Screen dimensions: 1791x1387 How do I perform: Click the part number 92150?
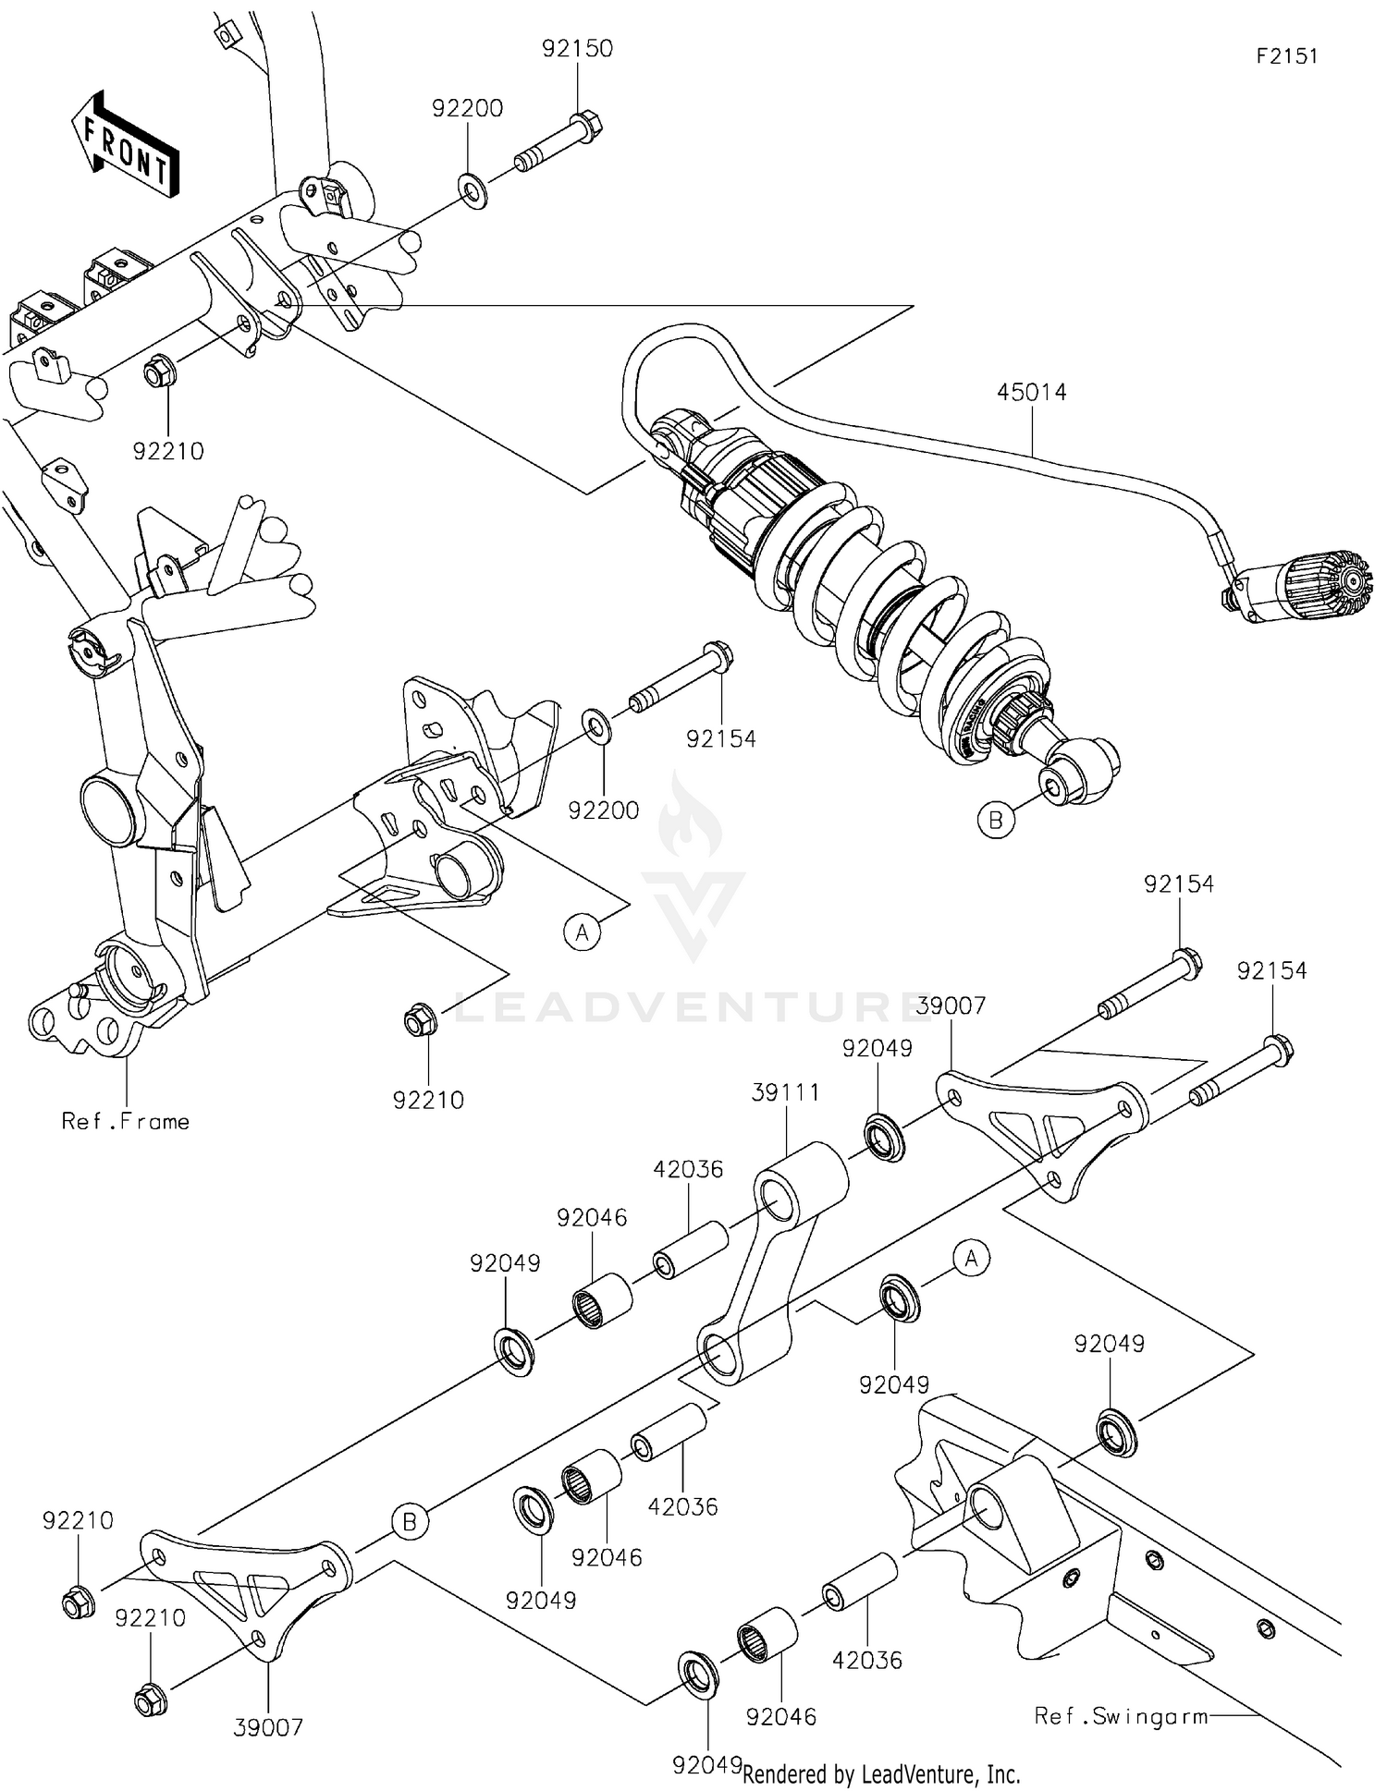[x=577, y=48]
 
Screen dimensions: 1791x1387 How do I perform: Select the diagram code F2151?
[x=1286, y=55]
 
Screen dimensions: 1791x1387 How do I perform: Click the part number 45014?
[x=1031, y=392]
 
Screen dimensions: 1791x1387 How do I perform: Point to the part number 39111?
[x=785, y=1092]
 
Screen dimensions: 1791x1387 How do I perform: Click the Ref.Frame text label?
[x=125, y=1121]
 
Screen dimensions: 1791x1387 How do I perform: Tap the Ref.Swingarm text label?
[x=1121, y=1716]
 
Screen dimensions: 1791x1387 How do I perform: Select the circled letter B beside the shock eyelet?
[x=996, y=820]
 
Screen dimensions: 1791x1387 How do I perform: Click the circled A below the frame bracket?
[x=582, y=932]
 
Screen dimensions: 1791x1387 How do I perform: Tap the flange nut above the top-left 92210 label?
[x=156, y=373]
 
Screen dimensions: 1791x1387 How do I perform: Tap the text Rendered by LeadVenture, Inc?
[x=880, y=1773]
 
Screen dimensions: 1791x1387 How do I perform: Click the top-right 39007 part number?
[x=951, y=1005]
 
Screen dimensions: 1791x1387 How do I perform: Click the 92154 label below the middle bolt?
[x=720, y=738]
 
